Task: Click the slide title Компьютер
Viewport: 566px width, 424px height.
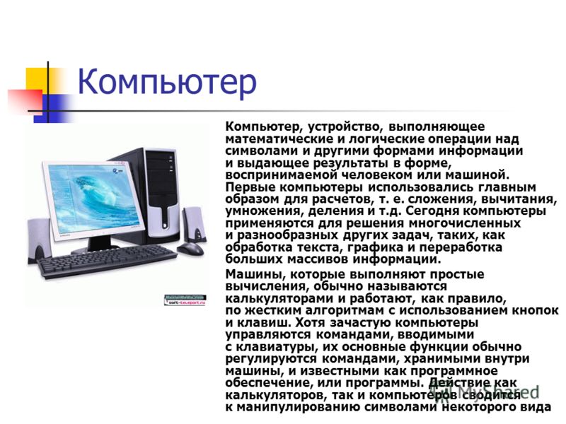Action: (167, 83)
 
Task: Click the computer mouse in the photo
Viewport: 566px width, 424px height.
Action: (190, 249)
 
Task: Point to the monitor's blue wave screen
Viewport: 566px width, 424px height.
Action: (95, 199)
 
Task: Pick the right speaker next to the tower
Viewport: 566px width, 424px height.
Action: (195, 225)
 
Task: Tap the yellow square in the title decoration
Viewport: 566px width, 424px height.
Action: (38, 79)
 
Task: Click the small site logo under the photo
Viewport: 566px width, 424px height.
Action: (185, 300)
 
